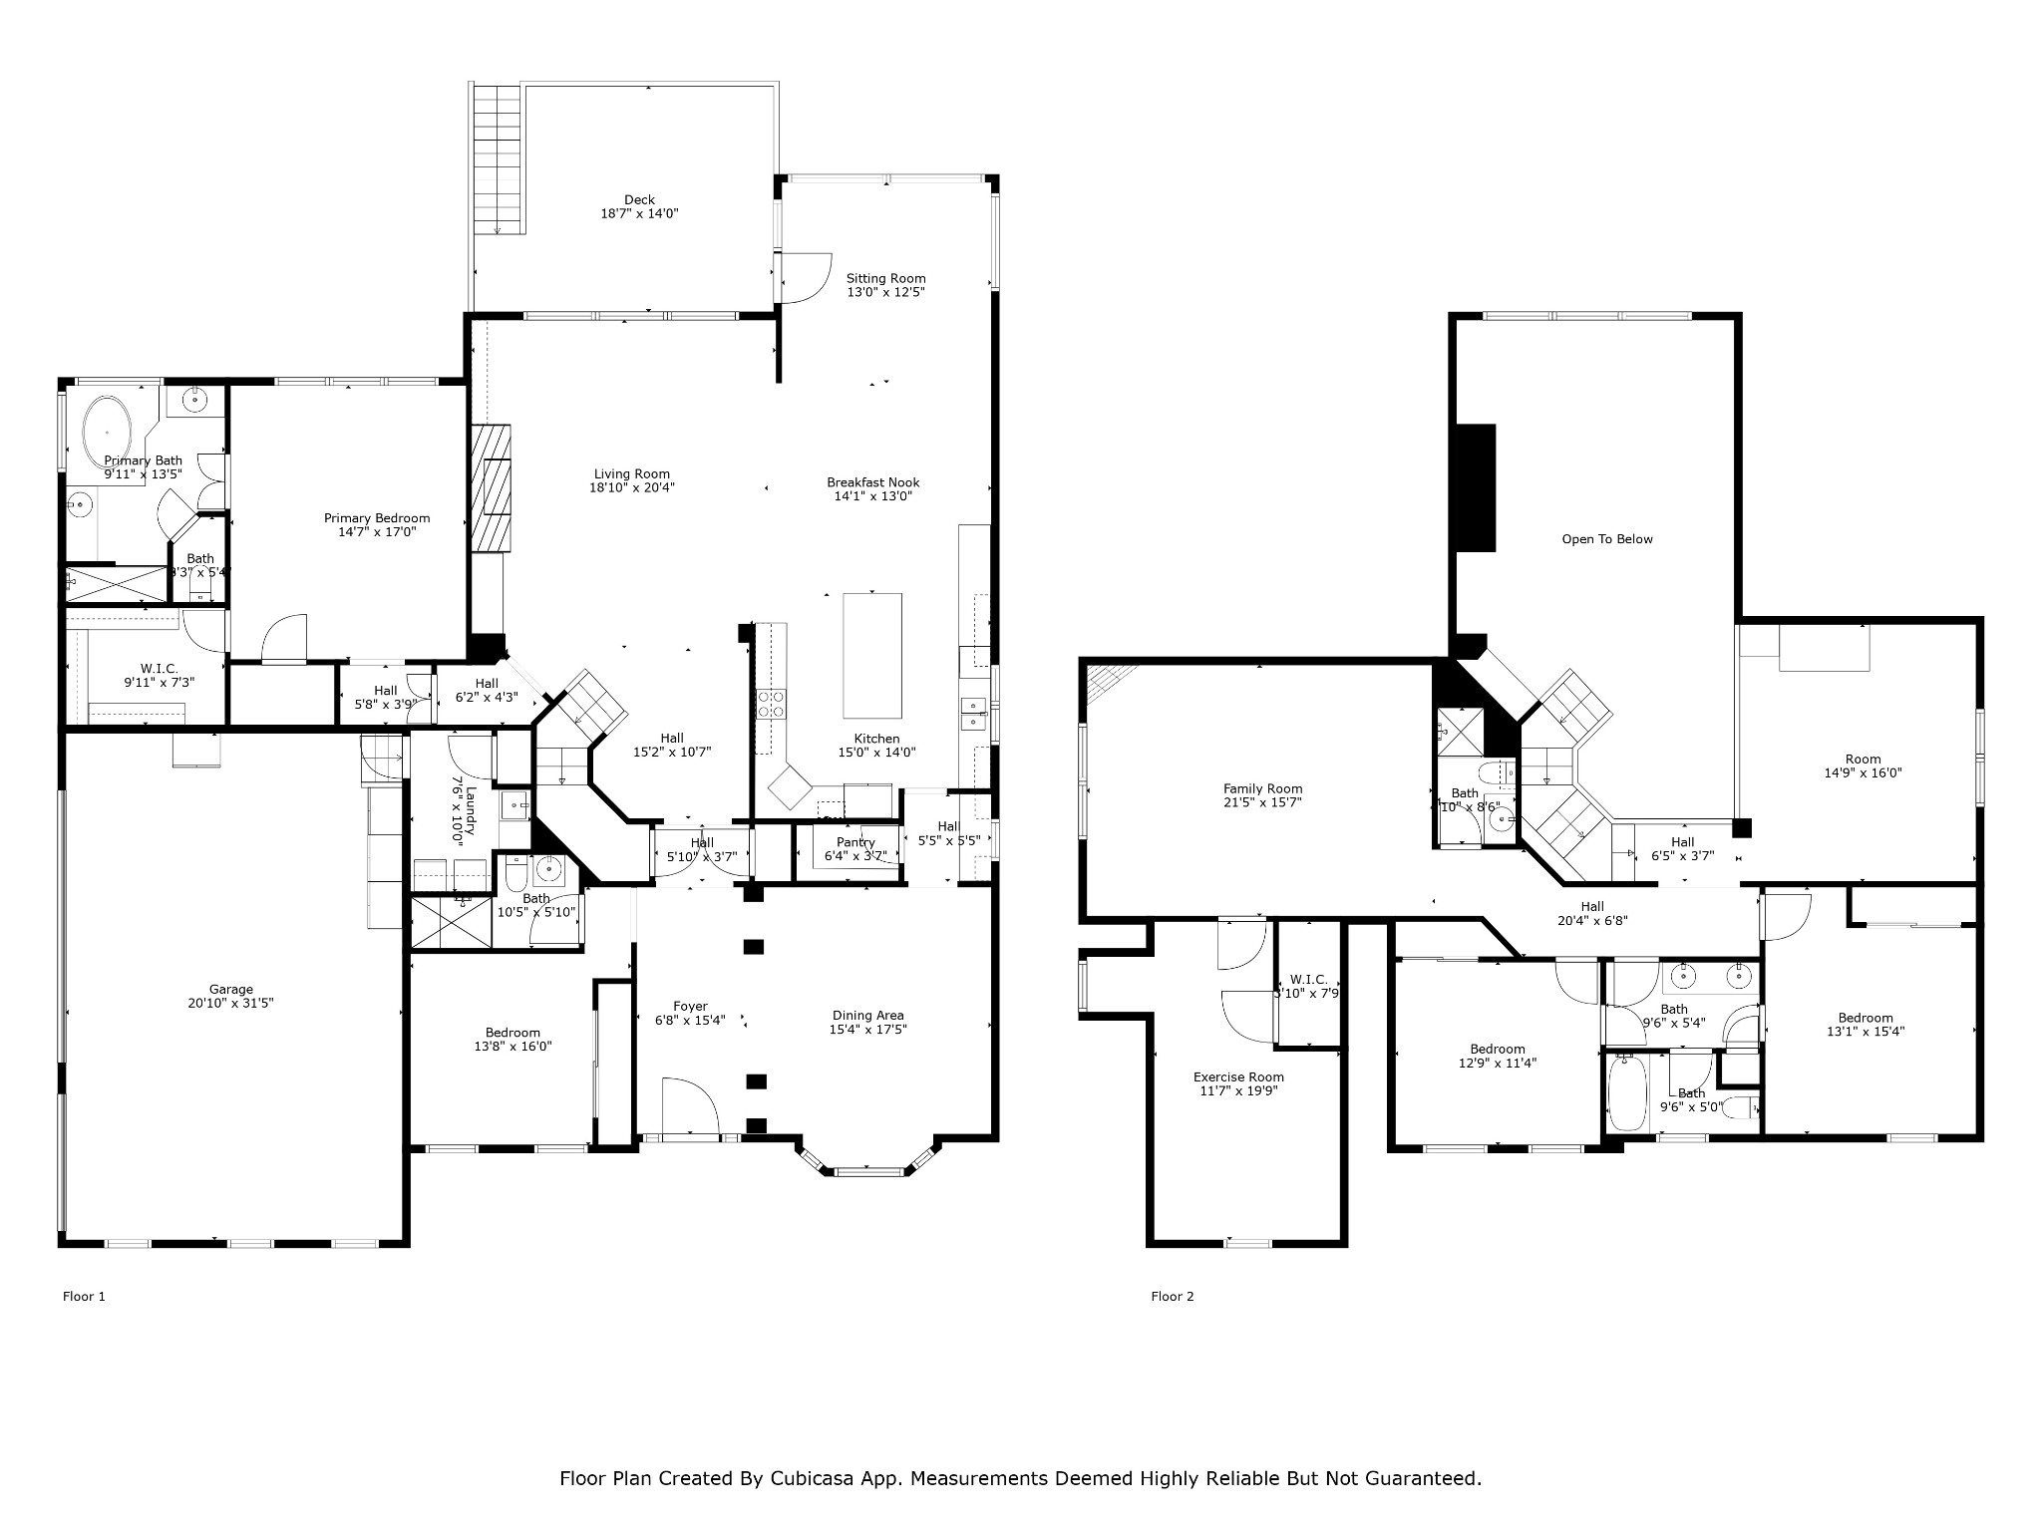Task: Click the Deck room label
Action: tap(639, 200)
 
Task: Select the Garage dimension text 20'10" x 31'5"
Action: tap(230, 1004)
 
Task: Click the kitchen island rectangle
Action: tap(872, 655)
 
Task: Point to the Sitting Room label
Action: tap(885, 279)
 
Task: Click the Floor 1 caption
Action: tap(84, 1297)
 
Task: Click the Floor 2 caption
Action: tap(1172, 1297)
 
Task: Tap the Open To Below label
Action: tap(1606, 539)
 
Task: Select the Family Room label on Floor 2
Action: tap(1262, 789)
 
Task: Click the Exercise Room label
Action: tap(1238, 1077)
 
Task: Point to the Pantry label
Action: tap(855, 843)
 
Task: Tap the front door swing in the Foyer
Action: tap(689, 1106)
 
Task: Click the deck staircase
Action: tap(498, 159)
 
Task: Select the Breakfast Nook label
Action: tap(872, 482)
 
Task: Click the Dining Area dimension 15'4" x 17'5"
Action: tap(867, 1030)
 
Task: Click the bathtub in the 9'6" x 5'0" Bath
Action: tap(1627, 1093)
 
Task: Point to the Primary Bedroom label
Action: tap(377, 518)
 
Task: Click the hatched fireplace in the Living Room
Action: tap(491, 487)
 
